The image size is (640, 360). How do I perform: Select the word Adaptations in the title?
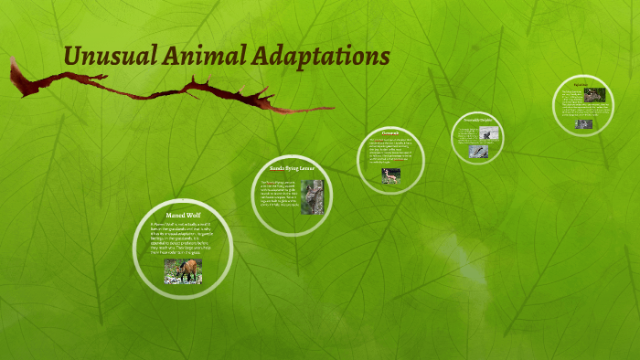[x=321, y=57]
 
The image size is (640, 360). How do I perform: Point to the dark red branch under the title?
[x=165, y=91]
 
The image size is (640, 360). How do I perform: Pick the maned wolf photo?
[x=183, y=271]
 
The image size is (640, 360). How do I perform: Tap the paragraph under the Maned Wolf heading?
[x=183, y=239]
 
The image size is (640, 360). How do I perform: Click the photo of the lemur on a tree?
[x=312, y=196]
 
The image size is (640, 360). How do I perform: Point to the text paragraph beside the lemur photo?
[x=279, y=195]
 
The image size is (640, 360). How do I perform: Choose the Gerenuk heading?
[x=390, y=133]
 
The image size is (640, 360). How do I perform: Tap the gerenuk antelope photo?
[x=391, y=175]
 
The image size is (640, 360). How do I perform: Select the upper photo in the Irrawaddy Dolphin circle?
[x=492, y=133]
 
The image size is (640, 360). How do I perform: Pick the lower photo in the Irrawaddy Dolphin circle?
[x=477, y=151]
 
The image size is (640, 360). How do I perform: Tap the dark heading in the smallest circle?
[x=581, y=83]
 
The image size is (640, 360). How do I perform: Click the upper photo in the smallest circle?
[x=594, y=94]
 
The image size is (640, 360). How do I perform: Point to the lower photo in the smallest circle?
[x=583, y=124]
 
